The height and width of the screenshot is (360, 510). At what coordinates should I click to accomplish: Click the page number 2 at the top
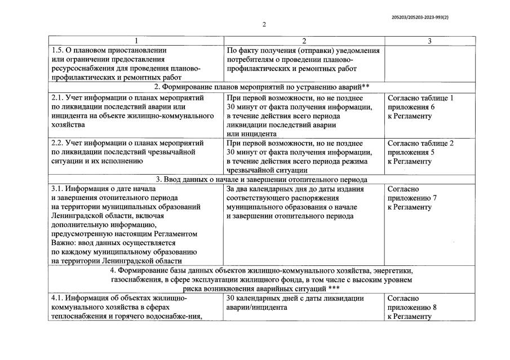point(263,24)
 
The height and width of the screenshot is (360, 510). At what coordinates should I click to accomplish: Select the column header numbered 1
point(135,41)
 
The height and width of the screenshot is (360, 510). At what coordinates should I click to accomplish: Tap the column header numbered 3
point(429,41)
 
